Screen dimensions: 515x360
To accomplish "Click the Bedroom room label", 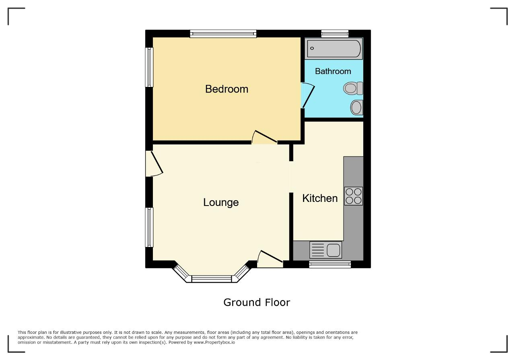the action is [227, 89].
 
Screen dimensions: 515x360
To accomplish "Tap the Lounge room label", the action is [221, 203].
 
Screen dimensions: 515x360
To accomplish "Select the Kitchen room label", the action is [320, 198].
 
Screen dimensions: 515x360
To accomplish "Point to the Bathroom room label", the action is [333, 71].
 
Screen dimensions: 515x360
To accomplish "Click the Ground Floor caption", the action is [257, 302].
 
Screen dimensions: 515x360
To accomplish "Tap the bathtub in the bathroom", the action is [334, 49].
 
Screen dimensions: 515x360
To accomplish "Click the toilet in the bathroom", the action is [353, 88].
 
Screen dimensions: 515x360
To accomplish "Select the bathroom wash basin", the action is [357, 107].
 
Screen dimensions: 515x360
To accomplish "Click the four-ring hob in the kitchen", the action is [353, 196].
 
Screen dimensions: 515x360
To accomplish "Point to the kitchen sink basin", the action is [333, 250].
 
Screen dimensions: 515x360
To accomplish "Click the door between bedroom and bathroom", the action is [308, 95].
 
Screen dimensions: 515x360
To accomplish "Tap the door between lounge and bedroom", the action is [264, 138].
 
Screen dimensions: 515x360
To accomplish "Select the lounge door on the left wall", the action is [154, 164].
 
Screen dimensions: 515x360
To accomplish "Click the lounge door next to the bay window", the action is [270, 259].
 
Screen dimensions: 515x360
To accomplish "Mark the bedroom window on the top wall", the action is [223, 34].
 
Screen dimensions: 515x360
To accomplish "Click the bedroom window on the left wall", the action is [149, 67].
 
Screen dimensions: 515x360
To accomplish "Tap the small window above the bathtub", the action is [335, 34].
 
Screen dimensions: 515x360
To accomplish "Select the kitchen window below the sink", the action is [330, 264].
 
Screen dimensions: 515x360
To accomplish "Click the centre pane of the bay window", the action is [212, 279].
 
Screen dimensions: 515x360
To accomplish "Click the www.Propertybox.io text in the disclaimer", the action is [214, 342].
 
